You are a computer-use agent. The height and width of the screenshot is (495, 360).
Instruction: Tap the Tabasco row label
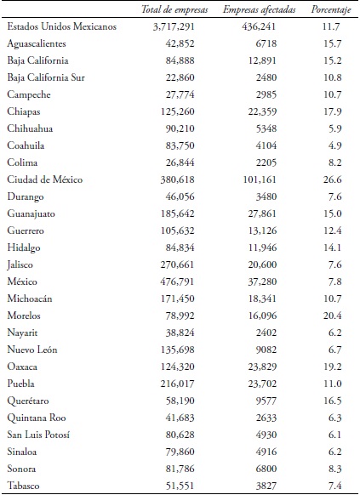[x=25, y=485]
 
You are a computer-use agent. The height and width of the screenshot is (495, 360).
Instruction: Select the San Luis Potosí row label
[x=37, y=434]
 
